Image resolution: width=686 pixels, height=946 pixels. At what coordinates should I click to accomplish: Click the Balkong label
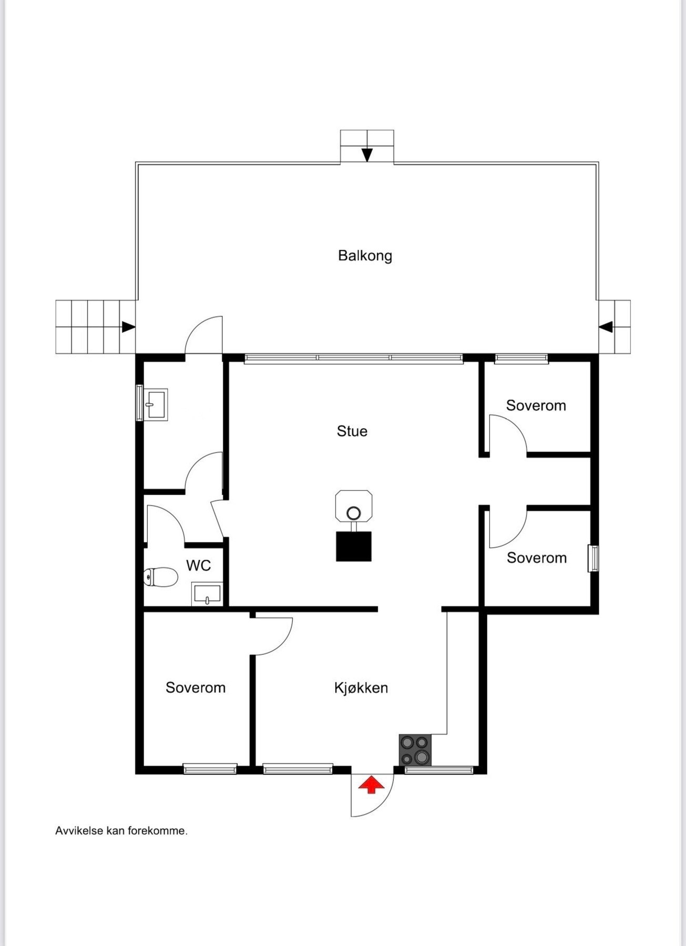click(x=365, y=256)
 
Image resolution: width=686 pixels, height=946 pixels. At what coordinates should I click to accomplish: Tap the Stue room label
click(x=352, y=431)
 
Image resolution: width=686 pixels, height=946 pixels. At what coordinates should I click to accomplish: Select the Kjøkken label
click(x=361, y=688)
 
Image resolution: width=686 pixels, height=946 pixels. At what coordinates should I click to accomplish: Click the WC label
click(x=198, y=566)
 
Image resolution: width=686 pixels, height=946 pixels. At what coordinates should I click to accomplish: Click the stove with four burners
click(x=415, y=750)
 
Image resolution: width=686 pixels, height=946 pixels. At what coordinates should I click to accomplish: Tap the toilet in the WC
click(x=161, y=577)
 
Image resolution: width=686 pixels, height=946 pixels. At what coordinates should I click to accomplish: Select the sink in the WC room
click(x=207, y=594)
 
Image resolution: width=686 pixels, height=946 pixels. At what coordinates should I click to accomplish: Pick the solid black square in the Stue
click(x=354, y=547)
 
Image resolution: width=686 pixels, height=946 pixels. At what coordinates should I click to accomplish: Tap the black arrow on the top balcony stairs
click(x=367, y=155)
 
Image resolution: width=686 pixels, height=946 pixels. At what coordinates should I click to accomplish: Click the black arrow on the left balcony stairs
click(x=128, y=327)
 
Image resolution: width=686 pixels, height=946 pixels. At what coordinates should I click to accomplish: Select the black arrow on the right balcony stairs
click(x=606, y=327)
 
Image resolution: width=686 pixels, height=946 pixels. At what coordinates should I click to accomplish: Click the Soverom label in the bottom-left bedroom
click(x=195, y=688)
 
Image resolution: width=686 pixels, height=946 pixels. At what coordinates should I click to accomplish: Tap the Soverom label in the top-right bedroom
click(x=536, y=406)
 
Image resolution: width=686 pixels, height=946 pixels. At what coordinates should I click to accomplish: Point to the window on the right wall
click(x=593, y=558)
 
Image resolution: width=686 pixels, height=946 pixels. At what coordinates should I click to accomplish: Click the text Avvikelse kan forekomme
click(x=121, y=831)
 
